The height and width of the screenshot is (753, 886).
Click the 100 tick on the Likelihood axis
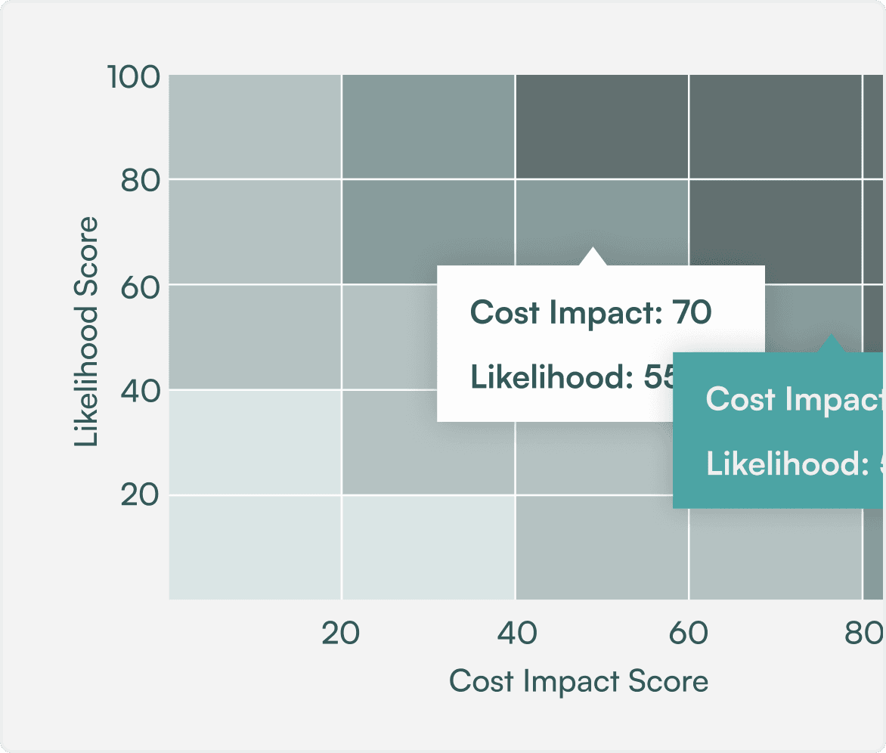[x=132, y=76]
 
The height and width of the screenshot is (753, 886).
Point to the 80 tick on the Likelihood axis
[x=141, y=181]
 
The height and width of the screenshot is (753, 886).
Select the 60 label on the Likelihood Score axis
[x=141, y=286]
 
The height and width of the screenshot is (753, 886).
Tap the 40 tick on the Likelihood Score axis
[x=141, y=391]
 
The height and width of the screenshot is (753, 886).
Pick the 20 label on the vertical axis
[x=141, y=496]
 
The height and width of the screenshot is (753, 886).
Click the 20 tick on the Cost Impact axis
[x=341, y=634]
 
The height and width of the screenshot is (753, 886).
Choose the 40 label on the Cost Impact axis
[x=516, y=634]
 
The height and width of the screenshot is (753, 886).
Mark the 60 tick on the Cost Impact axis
[x=689, y=634]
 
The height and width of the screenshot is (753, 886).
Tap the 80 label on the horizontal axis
[x=863, y=634]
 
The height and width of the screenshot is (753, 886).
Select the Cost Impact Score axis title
[x=578, y=681]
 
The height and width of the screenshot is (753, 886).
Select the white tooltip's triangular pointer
[x=593, y=257]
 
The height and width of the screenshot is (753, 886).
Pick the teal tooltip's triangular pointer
[x=832, y=344]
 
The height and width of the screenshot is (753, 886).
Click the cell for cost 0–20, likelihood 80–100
[x=255, y=127]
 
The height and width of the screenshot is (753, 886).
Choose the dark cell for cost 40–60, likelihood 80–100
[x=602, y=127]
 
